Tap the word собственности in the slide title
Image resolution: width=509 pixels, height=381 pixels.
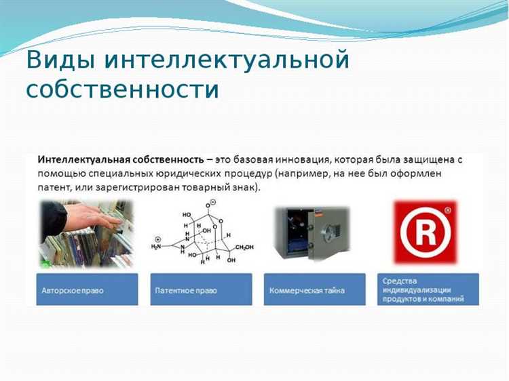(x=122, y=89)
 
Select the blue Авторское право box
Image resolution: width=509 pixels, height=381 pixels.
(x=88, y=289)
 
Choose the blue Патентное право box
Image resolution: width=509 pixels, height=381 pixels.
(x=202, y=289)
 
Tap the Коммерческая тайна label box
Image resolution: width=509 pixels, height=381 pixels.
(x=315, y=289)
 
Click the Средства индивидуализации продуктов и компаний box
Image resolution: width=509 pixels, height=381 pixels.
(x=428, y=289)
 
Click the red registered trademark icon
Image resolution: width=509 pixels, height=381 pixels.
(x=426, y=232)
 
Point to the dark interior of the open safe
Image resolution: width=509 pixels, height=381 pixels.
(x=293, y=232)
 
